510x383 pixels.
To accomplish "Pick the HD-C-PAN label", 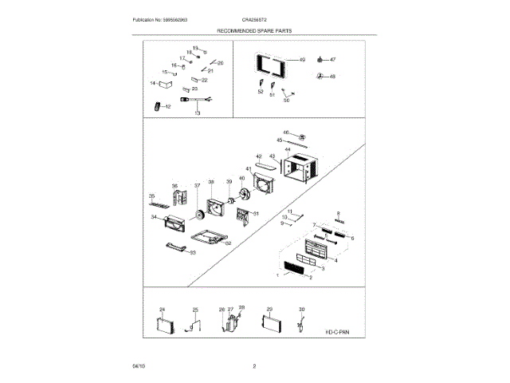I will pos(337,330).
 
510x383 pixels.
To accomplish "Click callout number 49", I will pos(302,60).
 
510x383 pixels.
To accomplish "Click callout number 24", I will pos(162,309).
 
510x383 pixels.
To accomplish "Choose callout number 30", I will pos(301,309).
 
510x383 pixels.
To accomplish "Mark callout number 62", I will pos(228,243).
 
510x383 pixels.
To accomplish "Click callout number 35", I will pos(151,195).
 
